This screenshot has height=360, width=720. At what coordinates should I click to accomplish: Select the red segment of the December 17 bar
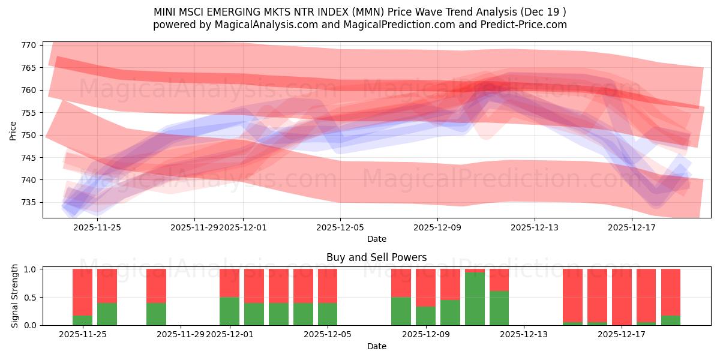(622, 296)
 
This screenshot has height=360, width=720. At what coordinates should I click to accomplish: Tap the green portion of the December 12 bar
(499, 308)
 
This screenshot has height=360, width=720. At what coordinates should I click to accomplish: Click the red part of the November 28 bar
(156, 286)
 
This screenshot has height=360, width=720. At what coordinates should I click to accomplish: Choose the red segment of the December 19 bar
(671, 292)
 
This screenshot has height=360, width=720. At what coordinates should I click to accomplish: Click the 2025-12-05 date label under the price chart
(340, 227)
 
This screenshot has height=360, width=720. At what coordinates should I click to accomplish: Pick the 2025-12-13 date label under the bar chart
(524, 335)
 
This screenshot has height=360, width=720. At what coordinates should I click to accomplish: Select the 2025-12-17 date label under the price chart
(632, 227)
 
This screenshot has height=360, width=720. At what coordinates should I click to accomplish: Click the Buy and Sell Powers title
(376, 257)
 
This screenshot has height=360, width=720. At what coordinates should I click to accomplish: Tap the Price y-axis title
(13, 130)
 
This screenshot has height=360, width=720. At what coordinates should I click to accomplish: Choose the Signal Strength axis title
(16, 296)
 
